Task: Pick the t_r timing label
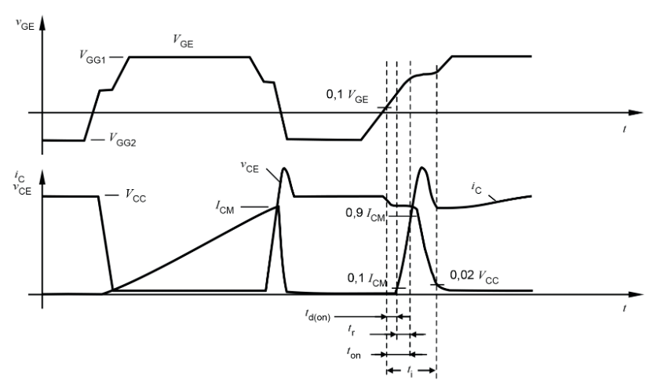351,334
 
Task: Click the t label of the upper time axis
624,128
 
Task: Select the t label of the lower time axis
624,308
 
